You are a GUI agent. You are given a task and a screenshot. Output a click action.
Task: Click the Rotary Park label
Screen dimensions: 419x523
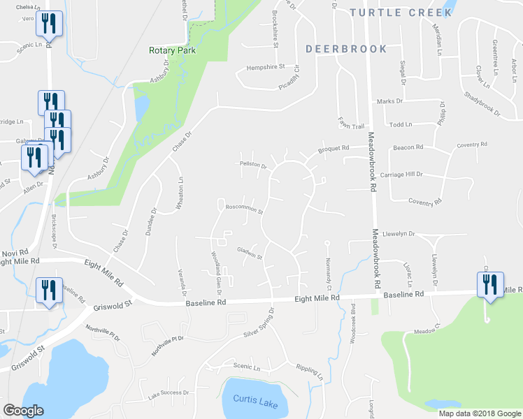pyautogui.click(x=171, y=50)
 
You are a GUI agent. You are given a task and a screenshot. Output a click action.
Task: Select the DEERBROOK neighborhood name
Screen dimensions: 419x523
pyautogui.click(x=346, y=49)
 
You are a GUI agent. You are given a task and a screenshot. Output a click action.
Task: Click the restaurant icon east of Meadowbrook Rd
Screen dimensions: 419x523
pyautogui.click(x=489, y=285)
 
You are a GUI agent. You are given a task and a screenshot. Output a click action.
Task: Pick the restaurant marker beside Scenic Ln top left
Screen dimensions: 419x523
pyautogui.click(x=49, y=24)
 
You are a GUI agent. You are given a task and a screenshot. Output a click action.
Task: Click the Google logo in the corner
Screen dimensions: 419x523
pyautogui.click(x=23, y=411)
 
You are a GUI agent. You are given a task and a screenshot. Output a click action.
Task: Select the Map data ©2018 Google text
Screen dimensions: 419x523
pyautogui.click(x=479, y=413)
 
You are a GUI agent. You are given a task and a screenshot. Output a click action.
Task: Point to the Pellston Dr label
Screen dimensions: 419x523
pyautogui.click(x=255, y=166)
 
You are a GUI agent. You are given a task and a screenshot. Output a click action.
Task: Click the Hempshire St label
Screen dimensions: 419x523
pyautogui.click(x=266, y=67)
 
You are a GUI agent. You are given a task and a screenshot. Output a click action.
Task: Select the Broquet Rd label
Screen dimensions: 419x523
pyautogui.click(x=333, y=148)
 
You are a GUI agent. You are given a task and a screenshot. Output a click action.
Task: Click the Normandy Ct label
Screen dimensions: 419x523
pyautogui.click(x=327, y=270)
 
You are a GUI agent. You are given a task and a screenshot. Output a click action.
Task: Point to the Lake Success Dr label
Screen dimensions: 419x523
pyautogui.click(x=169, y=395)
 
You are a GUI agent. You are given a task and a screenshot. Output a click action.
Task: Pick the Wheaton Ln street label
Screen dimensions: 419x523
pyautogui.click(x=180, y=189)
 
